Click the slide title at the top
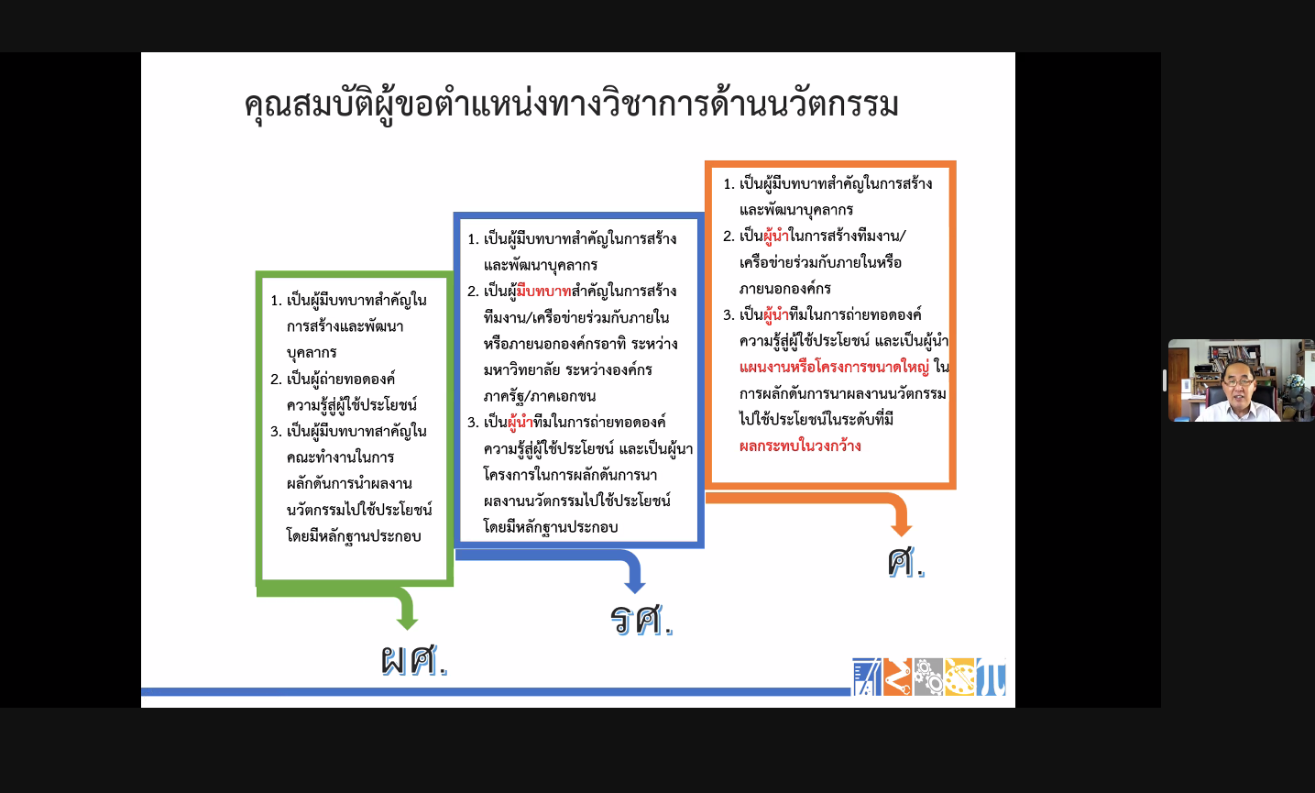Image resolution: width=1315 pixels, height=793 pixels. tap(571, 105)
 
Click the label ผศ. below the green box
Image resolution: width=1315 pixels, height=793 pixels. tap(414, 660)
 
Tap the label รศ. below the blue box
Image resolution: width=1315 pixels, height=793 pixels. tap(641, 620)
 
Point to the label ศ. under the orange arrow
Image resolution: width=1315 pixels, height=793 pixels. tap(905, 562)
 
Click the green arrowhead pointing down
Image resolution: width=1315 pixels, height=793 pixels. tap(407, 622)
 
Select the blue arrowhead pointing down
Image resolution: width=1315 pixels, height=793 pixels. tap(635, 586)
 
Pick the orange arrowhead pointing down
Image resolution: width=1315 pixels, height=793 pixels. tap(901, 529)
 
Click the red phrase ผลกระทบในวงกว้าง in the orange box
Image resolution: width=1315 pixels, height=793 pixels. tap(800, 446)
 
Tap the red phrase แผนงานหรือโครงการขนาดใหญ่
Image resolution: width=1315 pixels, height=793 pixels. tap(834, 368)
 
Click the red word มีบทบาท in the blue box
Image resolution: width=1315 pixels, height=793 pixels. tap(543, 292)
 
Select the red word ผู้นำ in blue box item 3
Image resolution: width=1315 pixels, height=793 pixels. tap(521, 423)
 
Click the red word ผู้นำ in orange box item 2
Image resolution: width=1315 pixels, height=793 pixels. tap(776, 237)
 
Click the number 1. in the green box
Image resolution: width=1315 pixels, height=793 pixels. tap(277, 301)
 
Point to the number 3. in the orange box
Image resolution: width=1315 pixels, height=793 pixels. tap(729, 315)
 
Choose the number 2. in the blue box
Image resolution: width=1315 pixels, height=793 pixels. tap(474, 292)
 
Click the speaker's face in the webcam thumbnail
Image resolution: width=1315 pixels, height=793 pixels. tap(1237, 385)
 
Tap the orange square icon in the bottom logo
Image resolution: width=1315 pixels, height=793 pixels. tap(897, 677)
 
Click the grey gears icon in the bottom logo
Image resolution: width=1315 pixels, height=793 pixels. tap(927, 677)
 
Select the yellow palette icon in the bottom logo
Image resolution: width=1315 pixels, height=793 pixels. tap(959, 677)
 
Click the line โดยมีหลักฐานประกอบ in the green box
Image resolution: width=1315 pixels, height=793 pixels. tap(354, 536)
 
